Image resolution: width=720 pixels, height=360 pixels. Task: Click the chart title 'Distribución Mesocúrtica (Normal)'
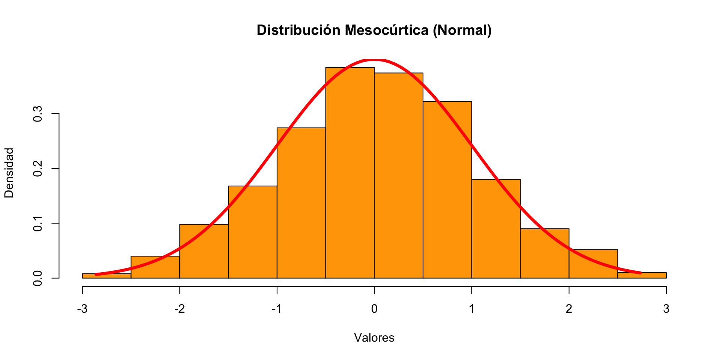(x=374, y=30)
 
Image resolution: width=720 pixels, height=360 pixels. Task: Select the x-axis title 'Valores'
(x=374, y=338)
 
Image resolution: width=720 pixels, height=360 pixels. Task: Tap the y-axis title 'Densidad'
(x=9, y=172)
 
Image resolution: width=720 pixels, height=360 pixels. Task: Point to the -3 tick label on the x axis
(x=82, y=309)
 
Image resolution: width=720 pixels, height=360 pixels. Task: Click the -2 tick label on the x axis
(x=179, y=309)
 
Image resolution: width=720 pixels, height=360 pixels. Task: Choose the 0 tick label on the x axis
(x=374, y=309)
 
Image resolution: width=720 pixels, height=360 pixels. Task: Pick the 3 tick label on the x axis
(x=666, y=309)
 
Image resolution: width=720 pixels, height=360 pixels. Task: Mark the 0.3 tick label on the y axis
(x=38, y=114)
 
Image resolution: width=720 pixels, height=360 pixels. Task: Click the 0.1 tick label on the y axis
(x=38, y=223)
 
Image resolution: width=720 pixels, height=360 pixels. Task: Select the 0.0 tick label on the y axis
(x=38, y=278)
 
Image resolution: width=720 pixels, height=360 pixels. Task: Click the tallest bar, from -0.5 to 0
(x=350, y=172)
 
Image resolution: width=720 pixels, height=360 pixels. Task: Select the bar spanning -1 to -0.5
(x=301, y=202)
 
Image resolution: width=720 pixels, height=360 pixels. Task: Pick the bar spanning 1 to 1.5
(x=496, y=229)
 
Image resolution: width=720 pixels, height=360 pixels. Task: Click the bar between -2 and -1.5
(x=204, y=251)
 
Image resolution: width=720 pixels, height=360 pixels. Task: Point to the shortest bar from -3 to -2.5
(x=106, y=276)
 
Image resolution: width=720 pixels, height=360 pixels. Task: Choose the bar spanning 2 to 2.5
(x=593, y=264)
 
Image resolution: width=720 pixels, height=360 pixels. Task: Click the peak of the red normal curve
(x=374, y=60)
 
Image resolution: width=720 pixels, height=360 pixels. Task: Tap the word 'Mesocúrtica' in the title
(x=387, y=30)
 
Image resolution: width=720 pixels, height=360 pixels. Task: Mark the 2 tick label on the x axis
(x=569, y=309)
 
